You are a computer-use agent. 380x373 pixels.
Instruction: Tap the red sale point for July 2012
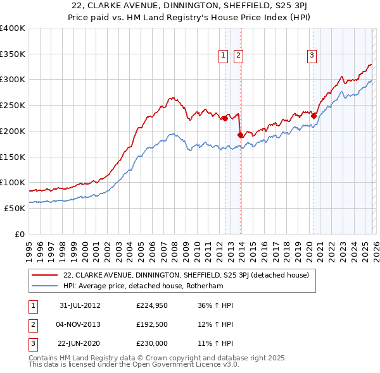[x=225, y=118]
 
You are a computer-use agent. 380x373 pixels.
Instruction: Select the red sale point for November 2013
[x=240, y=134]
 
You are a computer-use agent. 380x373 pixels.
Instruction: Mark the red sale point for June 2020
[x=313, y=115]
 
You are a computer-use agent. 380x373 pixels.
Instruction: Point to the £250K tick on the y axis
[x=13, y=105]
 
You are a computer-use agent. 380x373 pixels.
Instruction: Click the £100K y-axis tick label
[x=13, y=182]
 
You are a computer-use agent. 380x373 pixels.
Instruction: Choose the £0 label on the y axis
[x=19, y=234]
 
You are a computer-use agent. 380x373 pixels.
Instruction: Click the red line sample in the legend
[x=44, y=275]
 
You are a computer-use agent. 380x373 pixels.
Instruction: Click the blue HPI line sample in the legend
[x=44, y=286]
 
